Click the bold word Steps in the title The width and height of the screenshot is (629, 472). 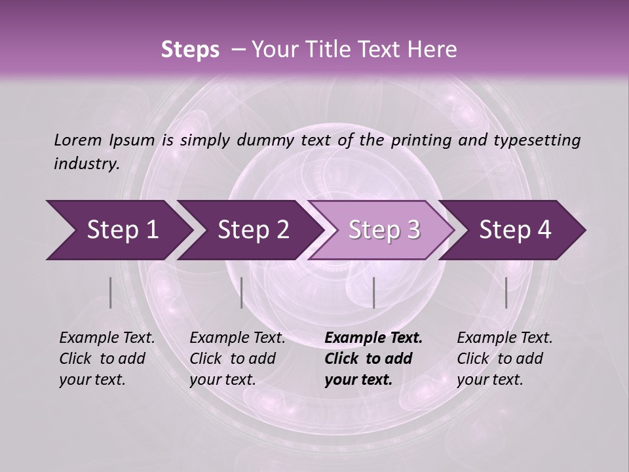click(190, 50)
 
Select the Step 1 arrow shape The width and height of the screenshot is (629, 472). click(118, 230)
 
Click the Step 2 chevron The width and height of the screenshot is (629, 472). click(253, 230)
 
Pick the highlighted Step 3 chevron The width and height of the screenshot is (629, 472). click(384, 230)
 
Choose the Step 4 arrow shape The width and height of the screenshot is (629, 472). click(515, 230)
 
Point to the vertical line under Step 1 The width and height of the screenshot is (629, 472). click(110, 292)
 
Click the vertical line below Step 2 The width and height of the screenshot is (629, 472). click(242, 292)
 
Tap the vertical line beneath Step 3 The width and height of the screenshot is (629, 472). click(373, 292)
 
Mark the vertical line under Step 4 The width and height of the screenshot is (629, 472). click(506, 292)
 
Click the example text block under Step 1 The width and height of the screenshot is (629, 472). click(107, 359)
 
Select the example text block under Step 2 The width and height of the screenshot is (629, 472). click(237, 359)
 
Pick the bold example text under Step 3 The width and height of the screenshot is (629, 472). click(373, 359)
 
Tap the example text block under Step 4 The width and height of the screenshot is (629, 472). click(505, 359)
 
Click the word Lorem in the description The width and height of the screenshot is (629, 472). click(77, 140)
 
